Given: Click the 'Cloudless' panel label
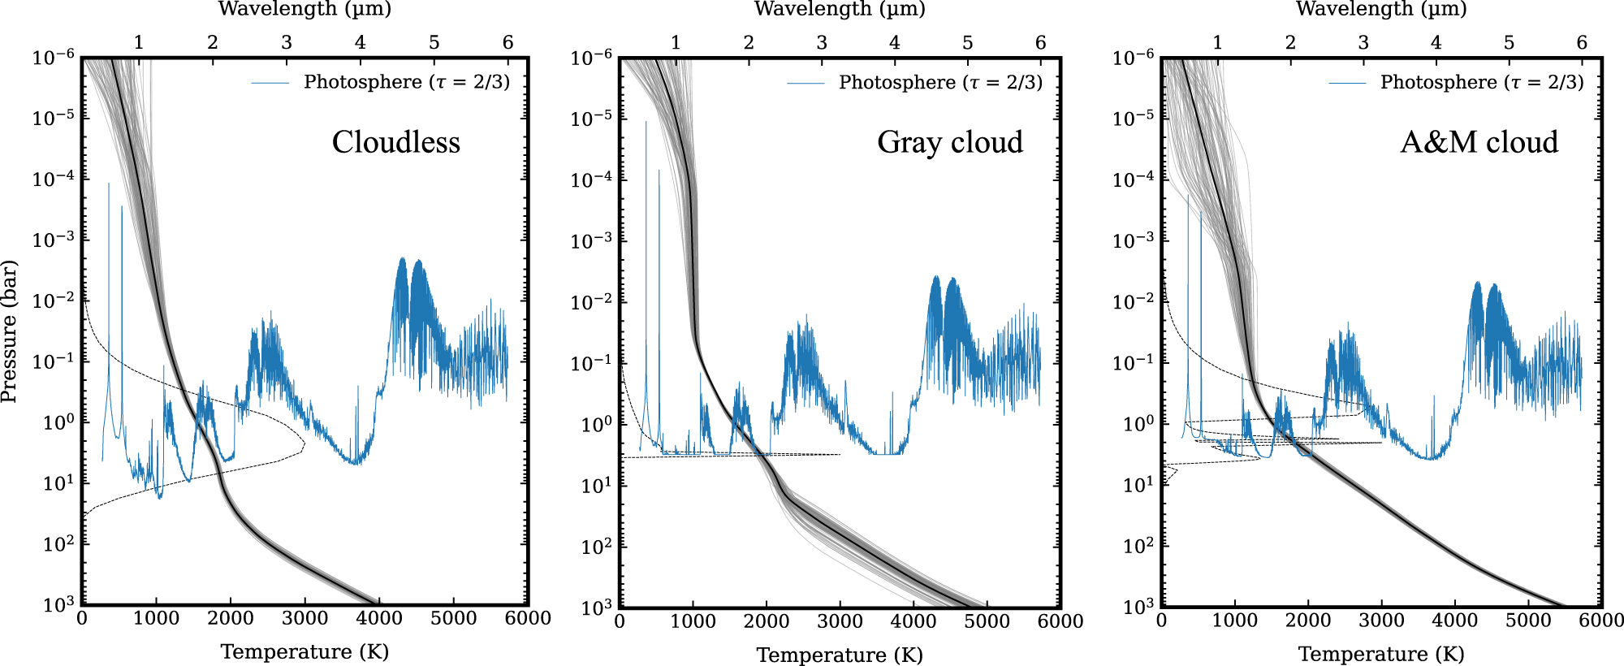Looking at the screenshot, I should tap(395, 142).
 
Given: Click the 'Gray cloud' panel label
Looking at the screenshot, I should tap(949, 142).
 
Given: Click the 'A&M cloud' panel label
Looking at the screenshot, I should tap(1479, 142).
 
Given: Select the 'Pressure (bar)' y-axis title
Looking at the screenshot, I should tap(9, 331).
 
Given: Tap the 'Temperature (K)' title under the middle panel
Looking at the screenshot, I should tap(840, 655).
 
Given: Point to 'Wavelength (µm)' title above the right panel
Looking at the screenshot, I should tap(1380, 9).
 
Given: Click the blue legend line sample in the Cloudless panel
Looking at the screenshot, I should tap(270, 83).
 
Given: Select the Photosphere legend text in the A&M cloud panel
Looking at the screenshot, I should tap(1481, 82).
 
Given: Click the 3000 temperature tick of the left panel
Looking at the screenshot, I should tap(304, 618).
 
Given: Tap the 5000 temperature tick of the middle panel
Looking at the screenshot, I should tap(987, 621).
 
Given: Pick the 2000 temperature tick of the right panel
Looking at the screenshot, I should tap(1308, 621).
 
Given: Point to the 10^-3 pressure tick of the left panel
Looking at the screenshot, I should tap(54, 239).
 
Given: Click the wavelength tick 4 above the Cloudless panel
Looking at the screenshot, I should tap(361, 42).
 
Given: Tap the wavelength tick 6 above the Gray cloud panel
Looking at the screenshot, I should tap(1040, 42).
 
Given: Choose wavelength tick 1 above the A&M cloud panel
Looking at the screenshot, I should tap(1216, 42).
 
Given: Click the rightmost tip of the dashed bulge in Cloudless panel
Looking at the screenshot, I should tap(304, 445).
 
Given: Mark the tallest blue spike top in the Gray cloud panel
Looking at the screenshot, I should tap(646, 122).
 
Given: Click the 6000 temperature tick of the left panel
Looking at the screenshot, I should tap(528, 618).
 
